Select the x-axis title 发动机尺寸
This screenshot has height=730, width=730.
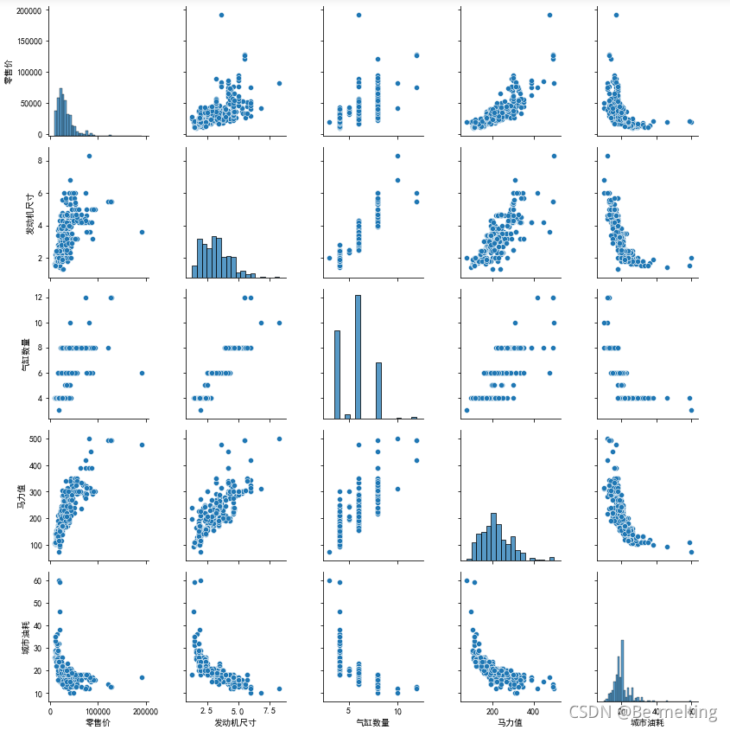(x=235, y=721)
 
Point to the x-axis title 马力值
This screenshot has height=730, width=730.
(x=505, y=721)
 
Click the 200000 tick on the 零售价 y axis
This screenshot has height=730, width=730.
(x=29, y=10)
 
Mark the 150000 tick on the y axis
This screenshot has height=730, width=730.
(x=29, y=42)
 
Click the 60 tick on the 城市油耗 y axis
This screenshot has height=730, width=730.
(x=39, y=580)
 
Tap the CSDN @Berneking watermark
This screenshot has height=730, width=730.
(x=643, y=712)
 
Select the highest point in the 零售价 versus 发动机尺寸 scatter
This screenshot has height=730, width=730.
(x=221, y=15)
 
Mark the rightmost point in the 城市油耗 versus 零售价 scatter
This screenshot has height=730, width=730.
(x=142, y=677)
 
